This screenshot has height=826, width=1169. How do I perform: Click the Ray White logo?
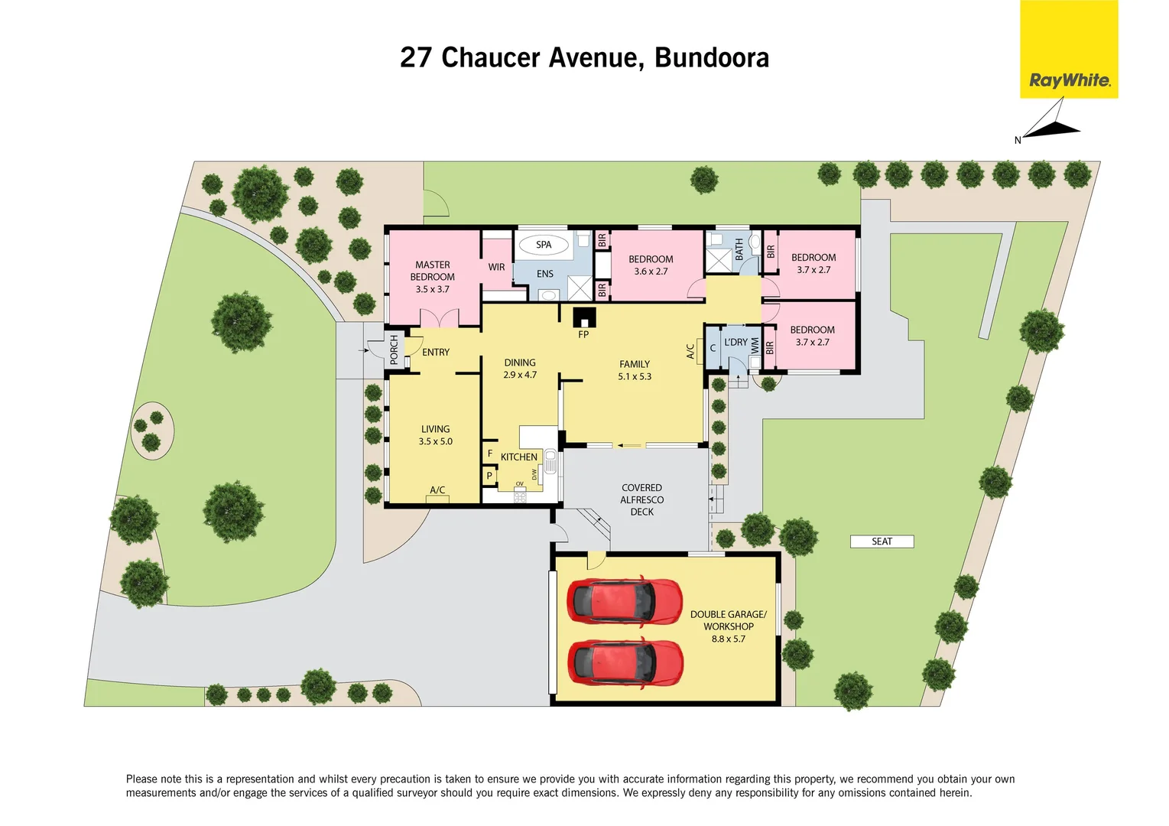click(x=1069, y=50)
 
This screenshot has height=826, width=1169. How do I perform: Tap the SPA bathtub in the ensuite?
click(x=544, y=245)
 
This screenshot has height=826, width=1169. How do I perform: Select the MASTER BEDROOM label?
click(x=433, y=277)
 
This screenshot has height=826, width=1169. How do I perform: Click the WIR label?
click(x=496, y=267)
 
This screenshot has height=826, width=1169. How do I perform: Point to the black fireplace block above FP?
click(x=584, y=317)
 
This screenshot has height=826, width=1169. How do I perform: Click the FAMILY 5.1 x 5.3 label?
click(x=635, y=370)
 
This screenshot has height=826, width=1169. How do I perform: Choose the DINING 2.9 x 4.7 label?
click(x=520, y=369)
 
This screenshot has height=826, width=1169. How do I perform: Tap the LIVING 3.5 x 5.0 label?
click(x=435, y=435)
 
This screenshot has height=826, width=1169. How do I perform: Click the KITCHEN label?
click(x=519, y=457)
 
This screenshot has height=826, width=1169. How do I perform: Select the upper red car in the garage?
click(x=625, y=600)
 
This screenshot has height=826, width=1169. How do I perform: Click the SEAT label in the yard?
click(x=882, y=541)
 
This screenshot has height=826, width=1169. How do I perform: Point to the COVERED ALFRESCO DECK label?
click(x=642, y=499)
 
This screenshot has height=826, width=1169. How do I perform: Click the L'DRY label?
click(x=735, y=343)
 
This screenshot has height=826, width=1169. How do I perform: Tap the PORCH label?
click(x=395, y=350)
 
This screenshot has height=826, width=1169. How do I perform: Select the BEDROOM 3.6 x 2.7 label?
click(x=651, y=265)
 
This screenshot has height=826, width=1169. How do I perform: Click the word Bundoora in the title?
click(x=712, y=58)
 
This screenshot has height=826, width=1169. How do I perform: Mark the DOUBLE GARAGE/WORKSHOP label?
click(x=728, y=626)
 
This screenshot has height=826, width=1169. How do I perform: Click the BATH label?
click(x=739, y=249)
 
